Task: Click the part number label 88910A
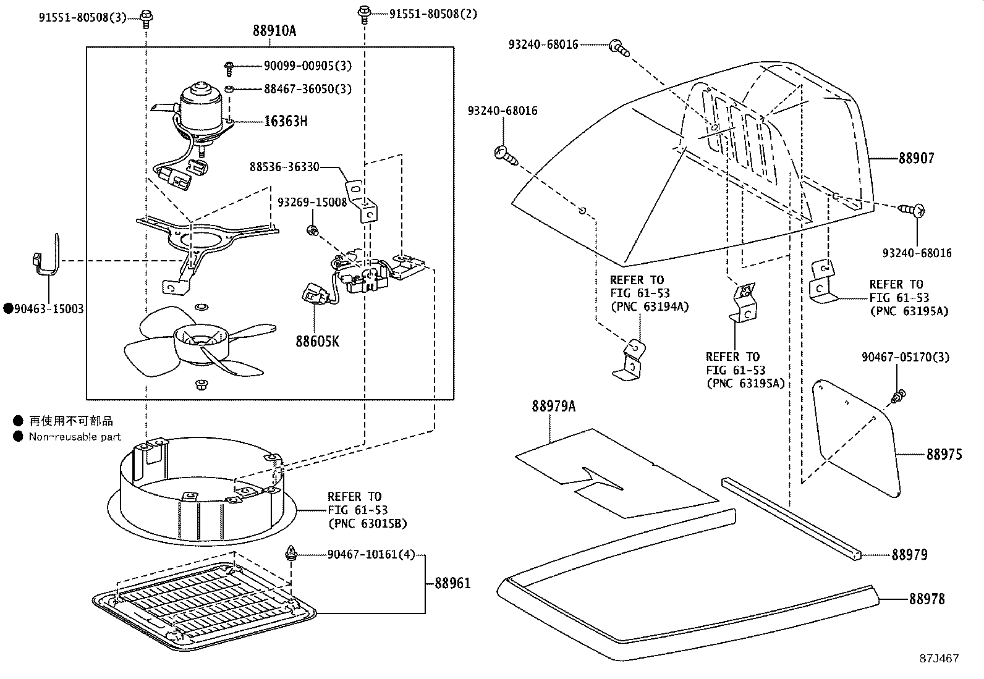[274, 31]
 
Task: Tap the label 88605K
[317, 341]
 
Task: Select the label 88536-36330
[284, 167]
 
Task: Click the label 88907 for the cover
[916, 158]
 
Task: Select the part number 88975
[944, 455]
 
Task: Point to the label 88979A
[553, 406]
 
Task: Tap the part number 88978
[926, 599]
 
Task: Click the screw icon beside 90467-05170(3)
[899, 395]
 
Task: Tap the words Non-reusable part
[75, 437]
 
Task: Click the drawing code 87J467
[938, 658]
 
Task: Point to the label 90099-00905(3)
[299, 65]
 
